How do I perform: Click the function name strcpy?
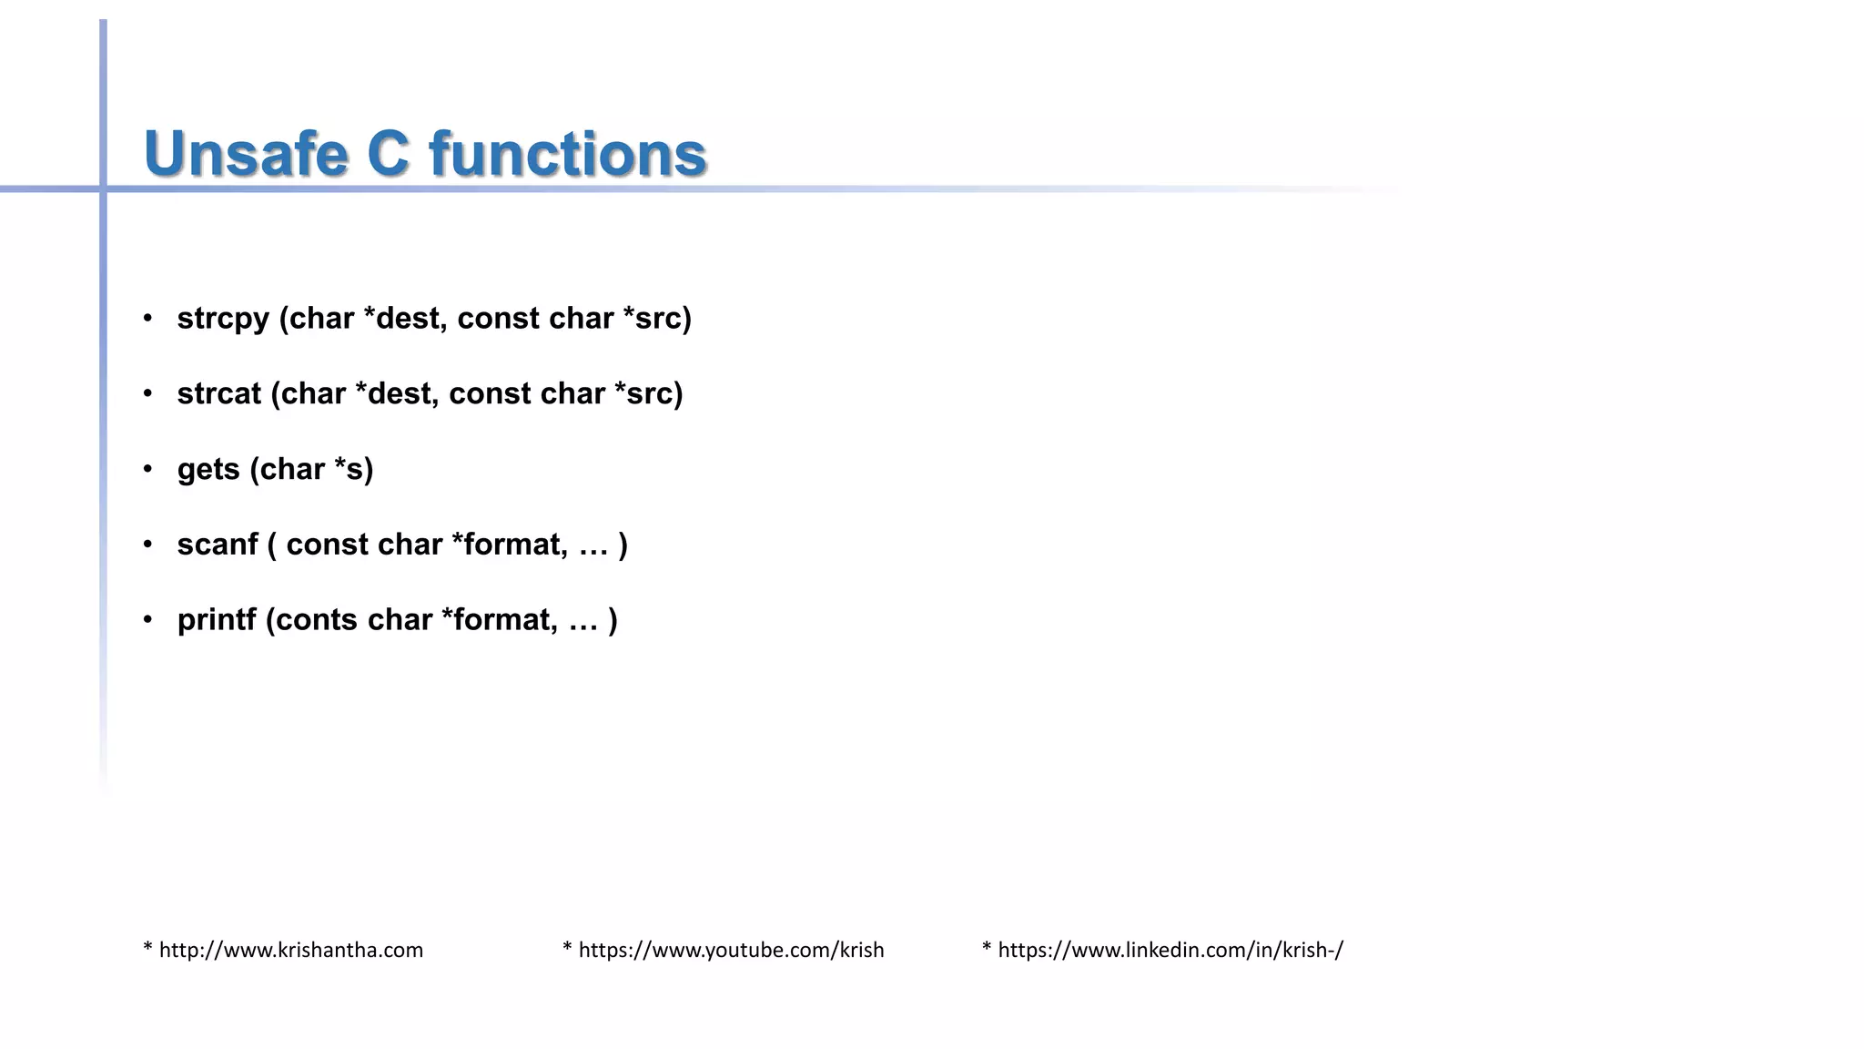(x=223, y=319)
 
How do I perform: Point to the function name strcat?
(x=218, y=393)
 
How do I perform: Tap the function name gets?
(x=208, y=470)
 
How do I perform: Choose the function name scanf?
(x=218, y=545)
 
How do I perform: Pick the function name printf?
(x=217, y=620)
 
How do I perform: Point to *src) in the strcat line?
(x=649, y=393)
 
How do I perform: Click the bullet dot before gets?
(x=147, y=469)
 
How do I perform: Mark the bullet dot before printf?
(x=147, y=620)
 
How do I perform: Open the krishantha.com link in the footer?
(x=290, y=950)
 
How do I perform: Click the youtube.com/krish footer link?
(x=731, y=950)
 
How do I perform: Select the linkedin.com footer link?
(x=1170, y=950)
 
